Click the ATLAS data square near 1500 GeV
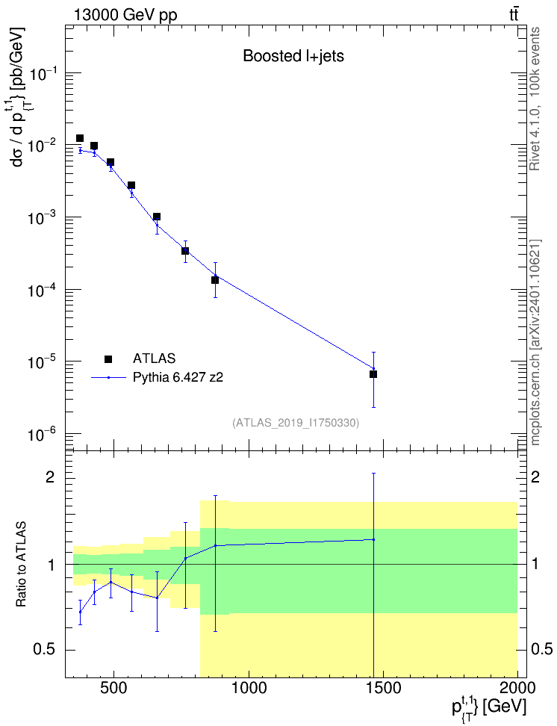pos(373,374)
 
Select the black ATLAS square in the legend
pos(108,359)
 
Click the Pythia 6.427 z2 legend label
pos(178,377)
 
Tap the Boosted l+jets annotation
pos(293,56)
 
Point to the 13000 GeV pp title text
pos(125,16)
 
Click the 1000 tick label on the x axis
pos(249,688)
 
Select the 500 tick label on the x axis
pos(113,688)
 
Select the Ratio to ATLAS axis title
pos(21,564)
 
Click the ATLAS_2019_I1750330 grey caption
pos(296,422)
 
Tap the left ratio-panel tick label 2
pos(50,477)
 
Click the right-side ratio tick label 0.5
pos(541,650)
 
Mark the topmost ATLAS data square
pos(80,138)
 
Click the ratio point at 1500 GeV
pos(373,539)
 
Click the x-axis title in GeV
pos(489,707)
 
